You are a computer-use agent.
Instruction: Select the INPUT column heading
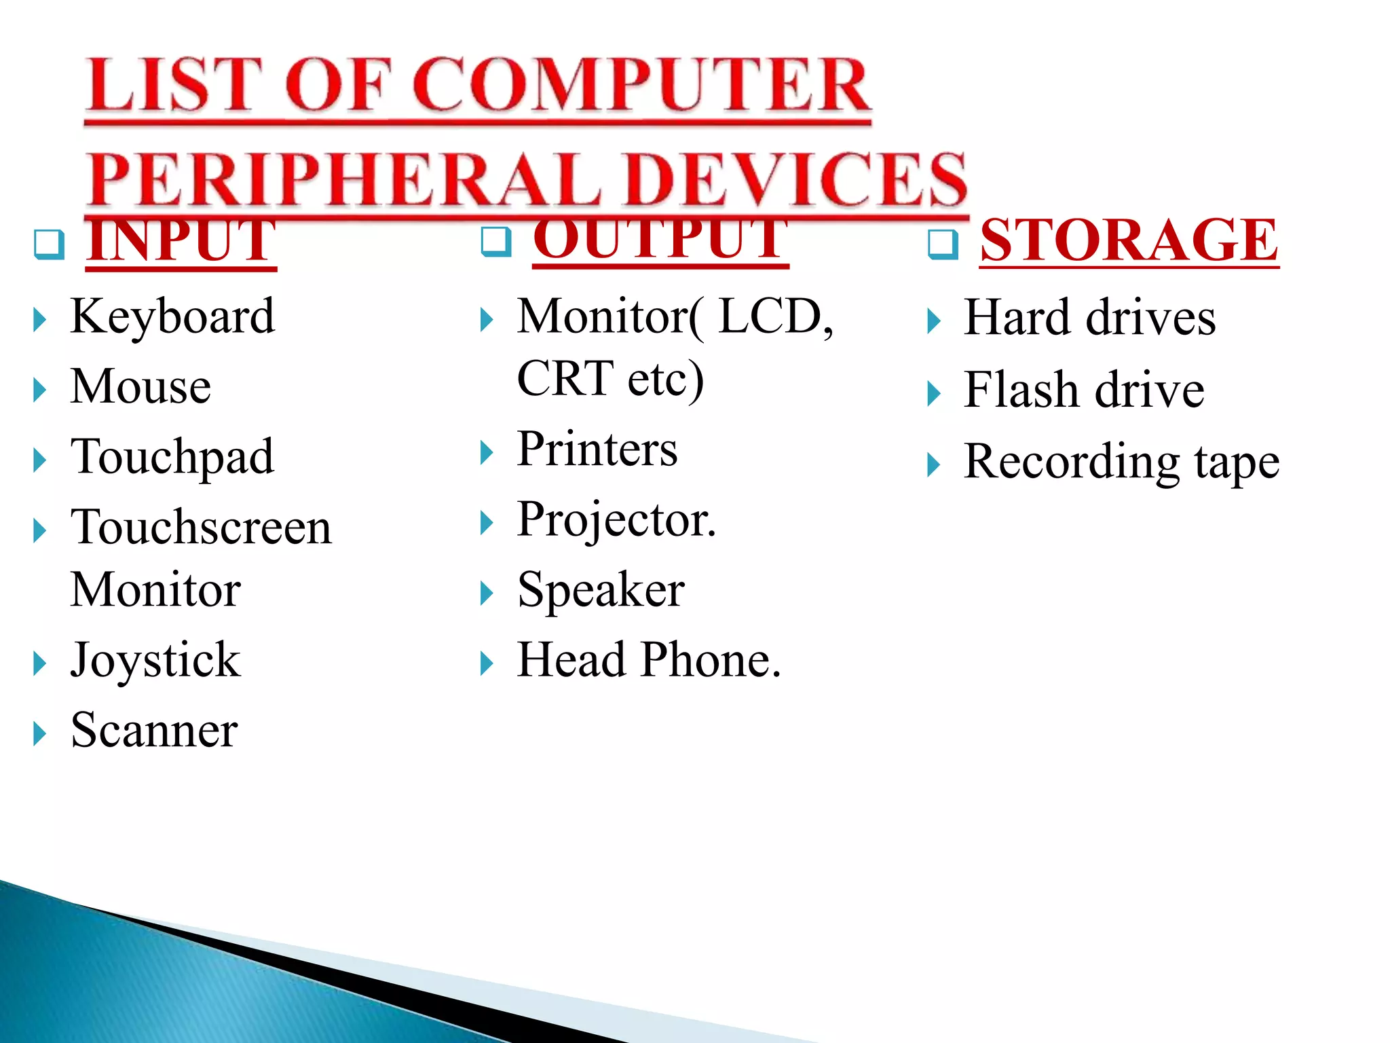pos(181,240)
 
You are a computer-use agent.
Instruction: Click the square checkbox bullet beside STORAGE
pos(943,244)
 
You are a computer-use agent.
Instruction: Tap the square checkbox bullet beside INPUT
pos(49,244)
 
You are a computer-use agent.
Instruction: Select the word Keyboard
pos(172,316)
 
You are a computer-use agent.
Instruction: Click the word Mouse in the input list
pos(140,386)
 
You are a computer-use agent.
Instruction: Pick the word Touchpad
pos(172,457)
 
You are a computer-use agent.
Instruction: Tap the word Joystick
pos(155,660)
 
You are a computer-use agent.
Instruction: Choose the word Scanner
pos(154,730)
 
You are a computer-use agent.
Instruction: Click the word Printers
pos(597,449)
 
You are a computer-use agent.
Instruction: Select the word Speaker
pos(601,589)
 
